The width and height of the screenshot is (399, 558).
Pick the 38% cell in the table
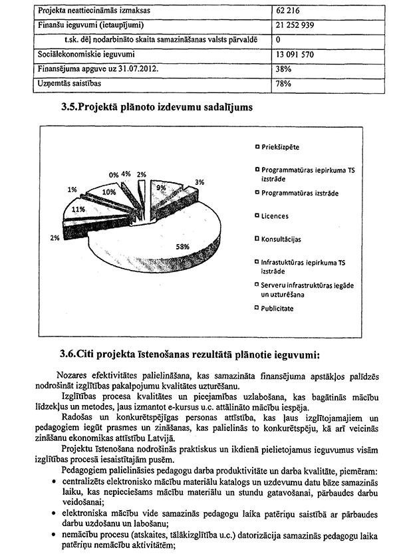click(x=285, y=69)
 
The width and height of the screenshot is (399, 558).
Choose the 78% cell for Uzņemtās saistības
click(x=285, y=84)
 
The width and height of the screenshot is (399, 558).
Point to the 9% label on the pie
click(x=161, y=188)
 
